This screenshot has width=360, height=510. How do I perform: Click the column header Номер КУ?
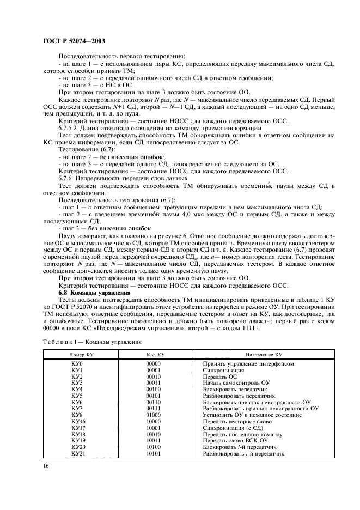pyautogui.click(x=76, y=355)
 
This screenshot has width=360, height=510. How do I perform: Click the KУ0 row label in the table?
pyautogui.click(x=76, y=363)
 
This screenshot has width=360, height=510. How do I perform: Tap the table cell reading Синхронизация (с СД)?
pyautogui.click(x=231, y=428)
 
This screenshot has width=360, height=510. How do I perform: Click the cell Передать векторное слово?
pyautogui.click(x=235, y=422)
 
